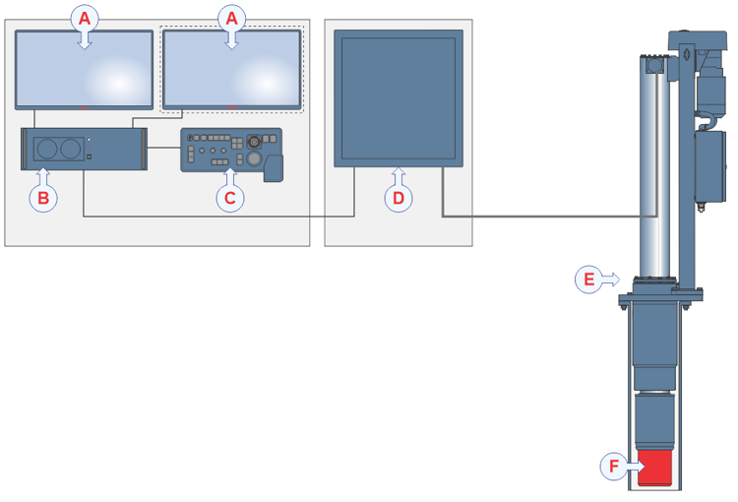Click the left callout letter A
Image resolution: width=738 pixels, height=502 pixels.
click(85, 18)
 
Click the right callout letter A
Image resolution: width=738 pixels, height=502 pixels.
click(232, 18)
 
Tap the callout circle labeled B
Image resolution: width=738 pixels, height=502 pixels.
click(42, 198)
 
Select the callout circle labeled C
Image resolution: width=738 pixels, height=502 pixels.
click(229, 198)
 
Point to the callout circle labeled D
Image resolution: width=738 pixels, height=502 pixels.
click(398, 198)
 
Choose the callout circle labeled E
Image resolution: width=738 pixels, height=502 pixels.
click(588, 280)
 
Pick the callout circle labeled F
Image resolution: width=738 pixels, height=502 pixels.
click(613, 466)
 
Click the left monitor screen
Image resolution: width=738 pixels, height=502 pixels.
click(85, 69)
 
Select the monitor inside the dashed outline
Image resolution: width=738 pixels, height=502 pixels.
click(232, 69)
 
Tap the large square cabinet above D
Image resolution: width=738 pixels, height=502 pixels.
click(398, 95)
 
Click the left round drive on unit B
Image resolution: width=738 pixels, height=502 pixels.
click(46, 149)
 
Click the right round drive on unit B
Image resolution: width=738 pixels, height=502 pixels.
click(70, 149)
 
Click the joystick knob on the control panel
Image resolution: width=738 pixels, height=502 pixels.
click(254, 157)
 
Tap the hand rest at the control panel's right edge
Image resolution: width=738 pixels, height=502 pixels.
click(274, 166)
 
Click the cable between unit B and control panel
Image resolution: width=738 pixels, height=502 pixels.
click(163, 151)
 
